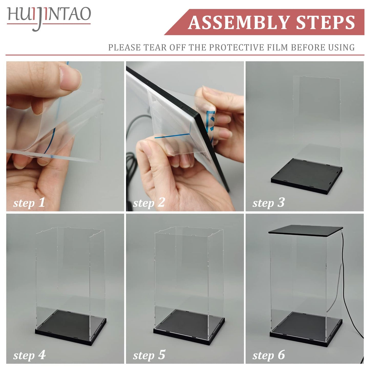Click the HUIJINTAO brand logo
[x=49, y=17]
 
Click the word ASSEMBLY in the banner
[x=238, y=23]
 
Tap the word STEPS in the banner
[x=325, y=23]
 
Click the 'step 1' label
[x=29, y=203]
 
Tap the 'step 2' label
[x=149, y=203]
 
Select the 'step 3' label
[x=268, y=203]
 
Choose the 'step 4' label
[x=29, y=355]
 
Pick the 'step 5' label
[x=149, y=355]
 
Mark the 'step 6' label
[x=268, y=355]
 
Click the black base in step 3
[x=306, y=177]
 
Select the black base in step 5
[x=189, y=326]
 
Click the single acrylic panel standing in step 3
[x=317, y=115]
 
